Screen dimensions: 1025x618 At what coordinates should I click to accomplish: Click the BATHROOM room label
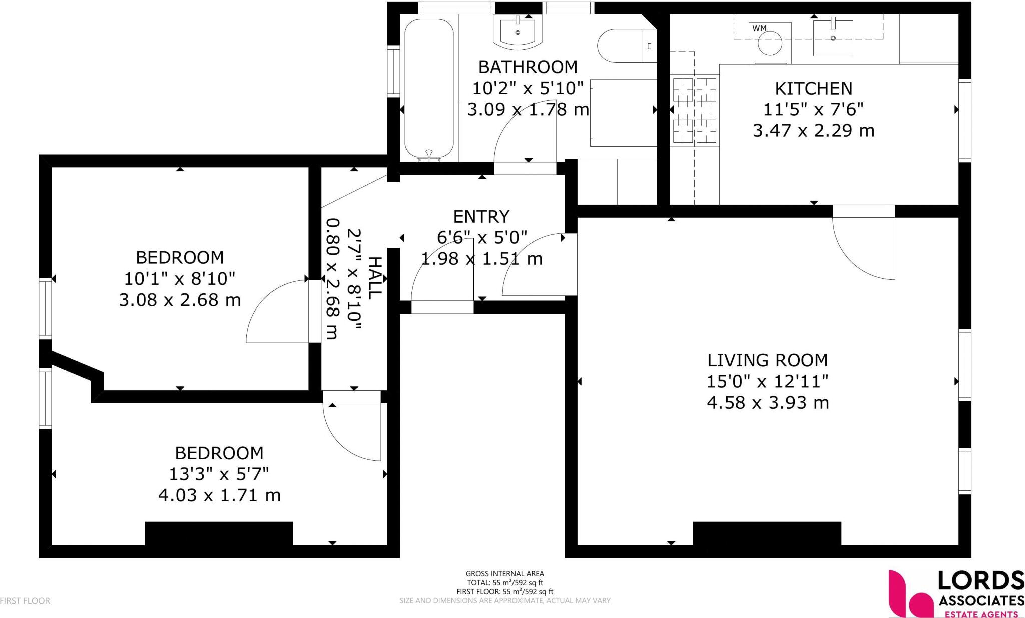pyautogui.click(x=528, y=67)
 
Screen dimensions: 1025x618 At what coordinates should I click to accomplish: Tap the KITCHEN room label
pyautogui.click(x=813, y=89)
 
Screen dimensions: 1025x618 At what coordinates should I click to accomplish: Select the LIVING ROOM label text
pyautogui.click(x=767, y=360)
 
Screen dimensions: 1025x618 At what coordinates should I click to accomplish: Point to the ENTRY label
pyautogui.click(x=481, y=216)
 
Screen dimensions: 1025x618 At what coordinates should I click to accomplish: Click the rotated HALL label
pyautogui.click(x=375, y=278)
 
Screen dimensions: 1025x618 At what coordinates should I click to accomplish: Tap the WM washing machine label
pyautogui.click(x=759, y=28)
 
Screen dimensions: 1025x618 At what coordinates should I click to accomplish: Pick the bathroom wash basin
pyautogui.click(x=518, y=31)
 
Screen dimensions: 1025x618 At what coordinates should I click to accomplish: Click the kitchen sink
pyautogui.click(x=833, y=38)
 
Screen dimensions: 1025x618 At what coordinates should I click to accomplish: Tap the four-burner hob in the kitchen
pyautogui.click(x=695, y=110)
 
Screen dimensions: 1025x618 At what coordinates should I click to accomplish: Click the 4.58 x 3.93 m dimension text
pyautogui.click(x=768, y=402)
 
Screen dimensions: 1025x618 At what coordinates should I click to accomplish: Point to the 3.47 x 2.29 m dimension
pyautogui.click(x=814, y=131)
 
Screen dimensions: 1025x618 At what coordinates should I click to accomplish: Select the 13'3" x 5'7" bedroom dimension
pyautogui.click(x=219, y=474)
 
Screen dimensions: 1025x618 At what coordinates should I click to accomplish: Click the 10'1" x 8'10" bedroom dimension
pyautogui.click(x=180, y=278)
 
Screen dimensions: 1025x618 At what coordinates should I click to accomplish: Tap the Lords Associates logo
pyautogui.click(x=956, y=594)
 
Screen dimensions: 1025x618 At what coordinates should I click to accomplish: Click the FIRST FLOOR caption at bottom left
pyautogui.click(x=25, y=601)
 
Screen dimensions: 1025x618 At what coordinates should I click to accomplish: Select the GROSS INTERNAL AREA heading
pyautogui.click(x=504, y=574)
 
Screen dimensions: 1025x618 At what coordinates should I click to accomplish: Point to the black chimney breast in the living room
pyautogui.click(x=767, y=533)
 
